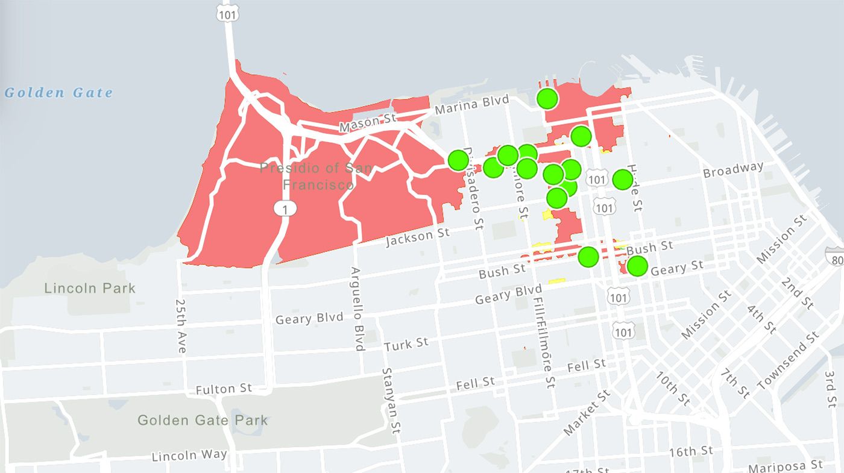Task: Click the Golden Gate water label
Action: (58, 93)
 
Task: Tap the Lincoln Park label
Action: (90, 288)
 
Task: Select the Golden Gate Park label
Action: (203, 420)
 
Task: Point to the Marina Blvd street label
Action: (471, 105)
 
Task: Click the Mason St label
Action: (368, 122)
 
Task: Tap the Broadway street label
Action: (733, 171)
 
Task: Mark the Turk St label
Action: (406, 345)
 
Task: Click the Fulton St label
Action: (223, 389)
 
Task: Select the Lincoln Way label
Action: (189, 456)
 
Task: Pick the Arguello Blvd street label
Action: (357, 309)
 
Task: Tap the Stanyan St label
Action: (391, 401)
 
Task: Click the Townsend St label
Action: (788, 360)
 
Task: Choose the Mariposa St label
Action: (785, 466)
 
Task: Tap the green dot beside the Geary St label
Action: (637, 266)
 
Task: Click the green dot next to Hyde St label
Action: (623, 179)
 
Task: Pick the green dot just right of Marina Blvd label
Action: (547, 98)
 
